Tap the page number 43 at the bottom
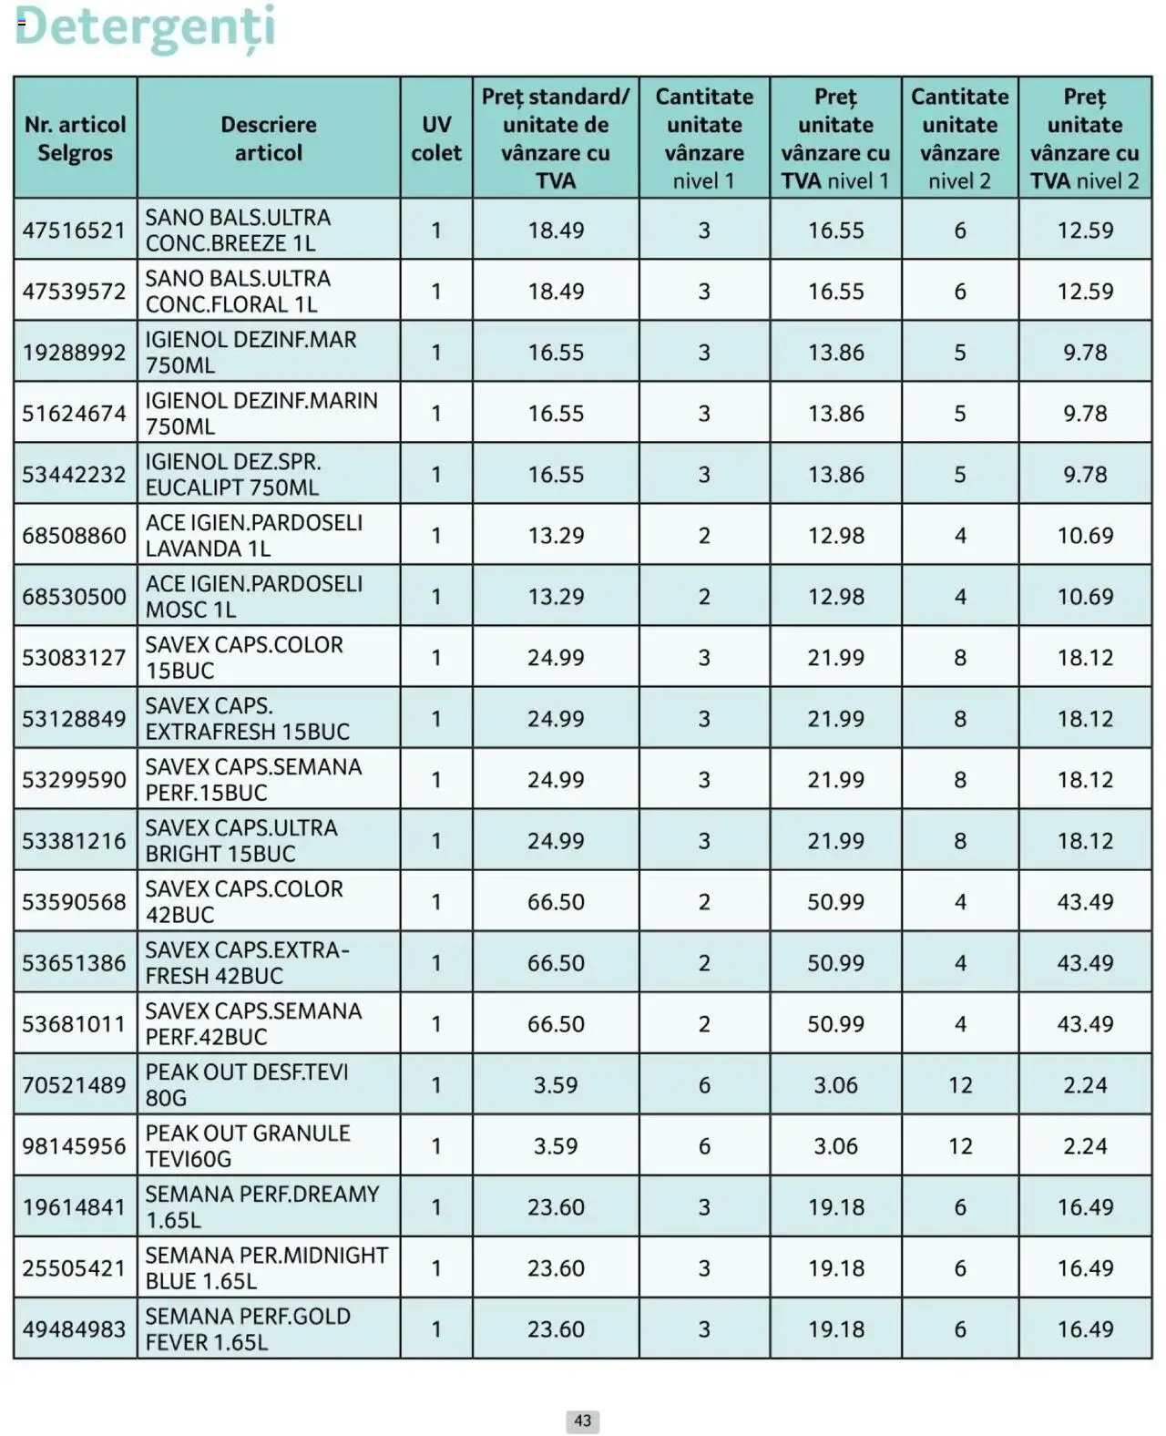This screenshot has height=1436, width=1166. coord(582,1421)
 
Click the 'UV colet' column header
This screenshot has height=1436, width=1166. coord(435,138)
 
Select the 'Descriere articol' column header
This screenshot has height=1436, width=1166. coord(268,138)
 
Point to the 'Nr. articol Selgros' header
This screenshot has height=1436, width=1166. coord(75,138)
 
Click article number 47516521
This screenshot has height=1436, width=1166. coord(74,231)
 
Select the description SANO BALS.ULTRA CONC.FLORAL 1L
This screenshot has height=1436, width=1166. coord(238,292)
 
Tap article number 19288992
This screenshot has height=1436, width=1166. coord(74,353)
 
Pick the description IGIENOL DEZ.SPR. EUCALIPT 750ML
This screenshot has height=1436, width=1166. coord(233,475)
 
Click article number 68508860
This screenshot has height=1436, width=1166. coord(74,536)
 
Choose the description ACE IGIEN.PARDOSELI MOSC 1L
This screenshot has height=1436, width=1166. coord(253,597)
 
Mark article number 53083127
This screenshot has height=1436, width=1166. coord(74,658)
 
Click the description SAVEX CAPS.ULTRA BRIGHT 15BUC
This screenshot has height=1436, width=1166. coord(241,841)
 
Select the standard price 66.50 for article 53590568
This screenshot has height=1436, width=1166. coord(556,902)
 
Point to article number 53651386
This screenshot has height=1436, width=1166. coord(74,963)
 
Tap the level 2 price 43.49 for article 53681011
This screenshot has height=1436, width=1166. coord(1085,1024)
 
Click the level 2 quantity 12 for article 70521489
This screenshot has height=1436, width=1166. coord(960,1085)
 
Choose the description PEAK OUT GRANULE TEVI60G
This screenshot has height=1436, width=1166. coord(248,1146)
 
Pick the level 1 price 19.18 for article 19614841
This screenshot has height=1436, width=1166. coord(835,1207)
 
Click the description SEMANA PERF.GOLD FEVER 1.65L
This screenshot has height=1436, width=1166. coord(248,1329)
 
